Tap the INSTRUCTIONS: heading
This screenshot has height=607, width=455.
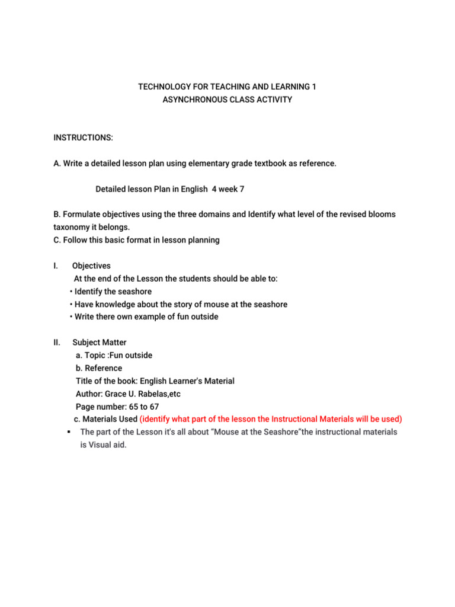(83, 138)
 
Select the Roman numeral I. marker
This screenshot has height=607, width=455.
(56, 266)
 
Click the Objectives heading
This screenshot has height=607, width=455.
(91, 266)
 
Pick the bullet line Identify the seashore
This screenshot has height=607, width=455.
(113, 292)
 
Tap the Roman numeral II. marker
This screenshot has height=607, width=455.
(57, 342)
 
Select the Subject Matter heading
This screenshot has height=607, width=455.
(99, 342)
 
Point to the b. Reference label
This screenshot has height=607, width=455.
(99, 368)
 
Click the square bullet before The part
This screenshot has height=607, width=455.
(70, 432)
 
